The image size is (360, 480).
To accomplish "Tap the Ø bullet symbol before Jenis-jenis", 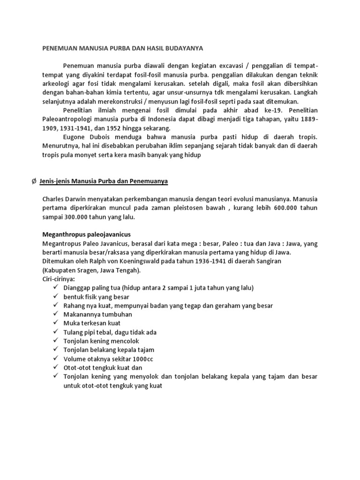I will [33, 180].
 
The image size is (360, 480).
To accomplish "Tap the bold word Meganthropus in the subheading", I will [63, 234].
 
